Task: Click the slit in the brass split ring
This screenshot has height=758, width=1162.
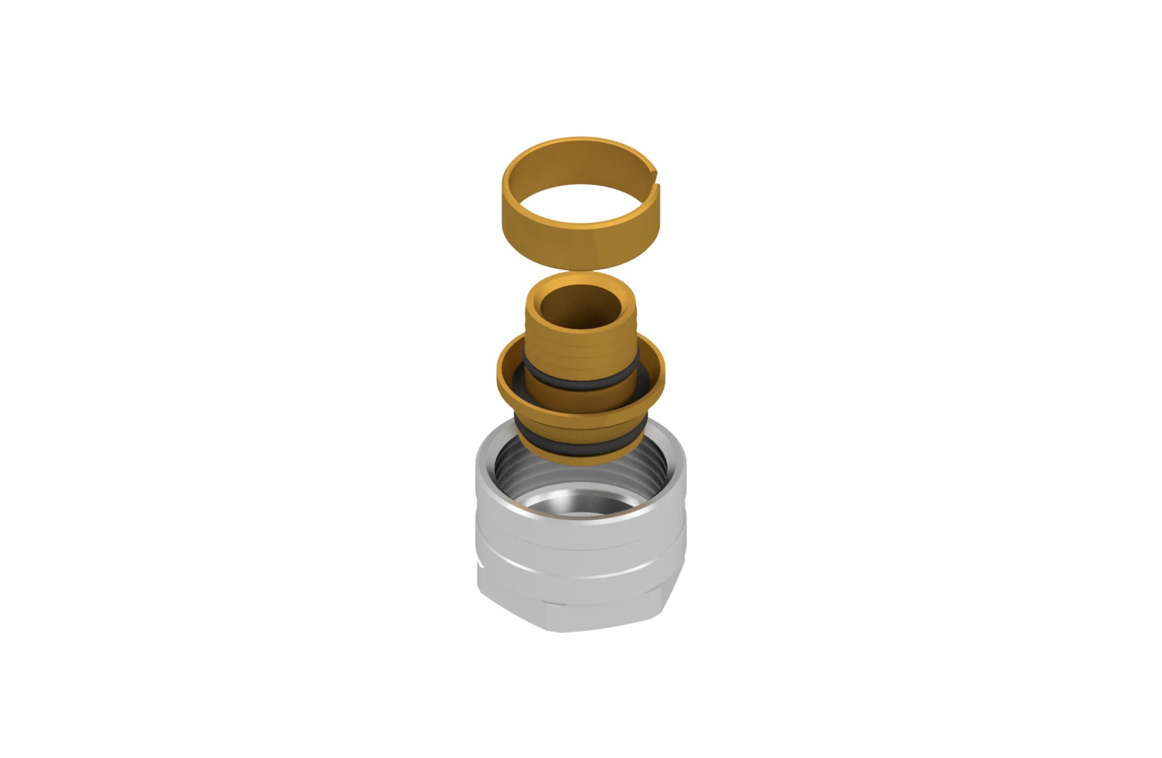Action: [x=657, y=178]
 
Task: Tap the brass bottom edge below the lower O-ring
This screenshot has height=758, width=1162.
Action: [x=581, y=459]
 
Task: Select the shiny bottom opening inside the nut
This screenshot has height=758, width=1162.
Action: [x=581, y=505]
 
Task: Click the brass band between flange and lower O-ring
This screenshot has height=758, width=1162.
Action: [x=581, y=429]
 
